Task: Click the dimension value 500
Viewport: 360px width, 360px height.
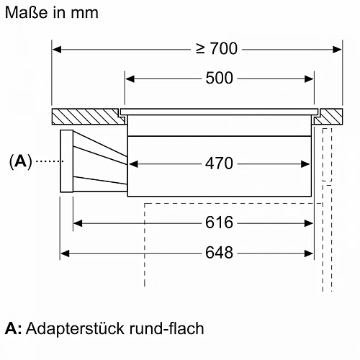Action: (x=219, y=78)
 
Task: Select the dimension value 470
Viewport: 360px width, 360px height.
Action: (x=219, y=163)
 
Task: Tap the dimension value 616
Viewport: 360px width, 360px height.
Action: (x=219, y=222)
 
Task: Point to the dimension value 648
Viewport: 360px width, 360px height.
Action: (x=219, y=253)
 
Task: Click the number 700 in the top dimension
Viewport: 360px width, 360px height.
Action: (x=224, y=48)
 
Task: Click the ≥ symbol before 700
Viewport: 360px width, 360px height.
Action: (x=200, y=48)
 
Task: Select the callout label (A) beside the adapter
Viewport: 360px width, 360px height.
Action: (x=20, y=161)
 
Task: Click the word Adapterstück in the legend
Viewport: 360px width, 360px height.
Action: (x=75, y=328)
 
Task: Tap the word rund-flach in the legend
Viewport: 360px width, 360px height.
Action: (x=166, y=328)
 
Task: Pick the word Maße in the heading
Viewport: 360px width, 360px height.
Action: (x=26, y=12)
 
